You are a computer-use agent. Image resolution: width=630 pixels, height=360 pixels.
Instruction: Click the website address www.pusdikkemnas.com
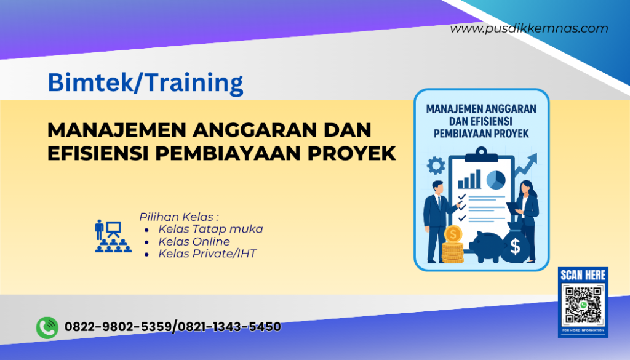pyautogui.click(x=528, y=28)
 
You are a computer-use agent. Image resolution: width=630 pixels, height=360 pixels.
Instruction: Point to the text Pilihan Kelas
pyautogui.click(x=178, y=217)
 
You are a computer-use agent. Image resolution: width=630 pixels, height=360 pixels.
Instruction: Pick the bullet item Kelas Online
pyautogui.click(x=194, y=241)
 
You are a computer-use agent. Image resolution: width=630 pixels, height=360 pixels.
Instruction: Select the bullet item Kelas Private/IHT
pyautogui.click(x=207, y=253)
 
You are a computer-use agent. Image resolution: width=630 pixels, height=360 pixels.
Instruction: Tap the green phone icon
pyautogui.click(x=47, y=327)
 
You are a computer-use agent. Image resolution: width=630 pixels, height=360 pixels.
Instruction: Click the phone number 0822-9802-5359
pyautogui.click(x=117, y=327)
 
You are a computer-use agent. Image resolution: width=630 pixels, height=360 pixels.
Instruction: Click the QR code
pyautogui.click(x=583, y=305)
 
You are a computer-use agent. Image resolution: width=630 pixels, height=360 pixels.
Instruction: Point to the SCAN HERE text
pyautogui.click(x=583, y=275)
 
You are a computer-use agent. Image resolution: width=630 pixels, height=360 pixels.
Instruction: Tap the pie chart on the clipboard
pyautogui.click(x=495, y=179)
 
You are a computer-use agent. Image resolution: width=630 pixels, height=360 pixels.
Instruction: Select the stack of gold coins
pyautogui.click(x=452, y=246)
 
